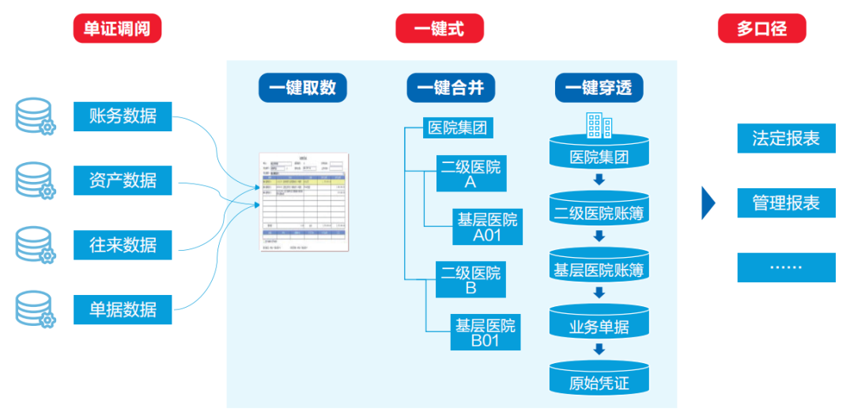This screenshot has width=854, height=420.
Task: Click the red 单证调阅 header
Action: pyautogui.click(x=117, y=29)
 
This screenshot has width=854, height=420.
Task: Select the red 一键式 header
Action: pyautogui.click(x=439, y=29)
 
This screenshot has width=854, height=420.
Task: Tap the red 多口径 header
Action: pyautogui.click(x=761, y=29)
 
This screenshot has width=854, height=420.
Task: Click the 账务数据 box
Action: pyautogui.click(x=123, y=116)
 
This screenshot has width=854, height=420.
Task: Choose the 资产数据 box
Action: pyautogui.click(x=123, y=180)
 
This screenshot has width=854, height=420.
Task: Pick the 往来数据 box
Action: pyautogui.click(x=123, y=244)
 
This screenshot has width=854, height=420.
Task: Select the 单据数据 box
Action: pyautogui.click(x=123, y=309)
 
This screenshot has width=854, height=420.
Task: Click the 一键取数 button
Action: pyautogui.click(x=303, y=88)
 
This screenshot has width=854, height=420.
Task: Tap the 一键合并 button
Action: pyautogui.click(x=451, y=88)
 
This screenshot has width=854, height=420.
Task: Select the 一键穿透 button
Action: pyautogui.click(x=599, y=88)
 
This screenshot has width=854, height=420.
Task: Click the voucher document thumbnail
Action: pyautogui.click(x=304, y=201)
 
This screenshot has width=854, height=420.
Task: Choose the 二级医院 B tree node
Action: pyautogui.click(x=470, y=280)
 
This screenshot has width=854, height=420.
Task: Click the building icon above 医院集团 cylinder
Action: pyautogui.click(x=599, y=124)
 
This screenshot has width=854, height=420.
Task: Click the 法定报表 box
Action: pyautogui.click(x=786, y=138)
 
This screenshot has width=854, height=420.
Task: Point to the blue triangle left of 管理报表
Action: pyautogui.click(x=709, y=203)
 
